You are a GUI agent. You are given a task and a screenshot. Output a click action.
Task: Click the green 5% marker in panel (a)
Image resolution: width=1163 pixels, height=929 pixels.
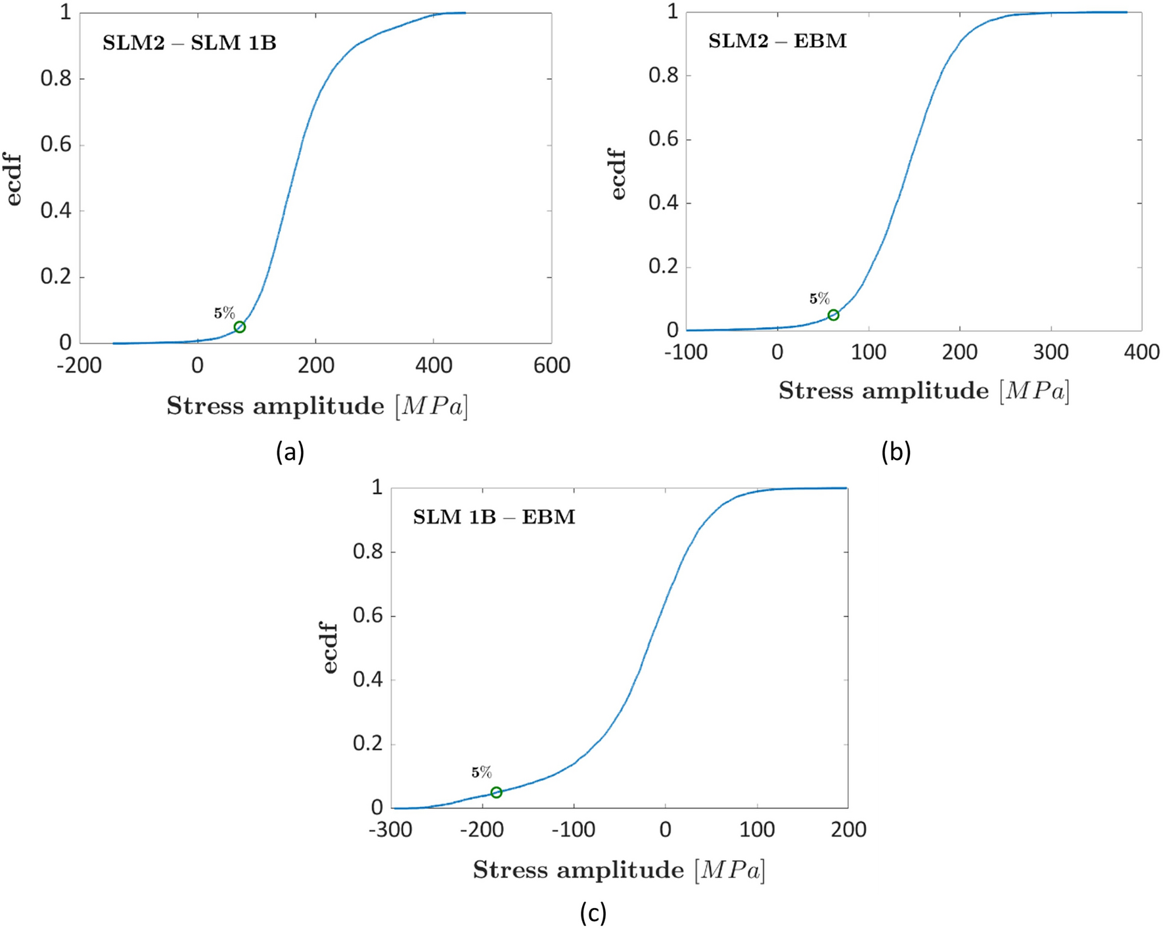[240, 327]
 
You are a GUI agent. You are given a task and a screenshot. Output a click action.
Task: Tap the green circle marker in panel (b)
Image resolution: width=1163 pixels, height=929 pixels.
[833, 315]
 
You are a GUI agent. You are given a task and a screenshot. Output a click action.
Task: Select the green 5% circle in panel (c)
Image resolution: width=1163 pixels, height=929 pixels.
[496, 792]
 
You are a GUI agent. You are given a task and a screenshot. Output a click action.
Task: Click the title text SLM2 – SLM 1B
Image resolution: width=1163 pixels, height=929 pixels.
[189, 43]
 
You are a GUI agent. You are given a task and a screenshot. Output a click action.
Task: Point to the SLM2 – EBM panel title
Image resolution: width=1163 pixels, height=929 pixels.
[777, 41]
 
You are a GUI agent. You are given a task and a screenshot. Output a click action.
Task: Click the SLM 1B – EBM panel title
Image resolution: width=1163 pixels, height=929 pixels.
[494, 518]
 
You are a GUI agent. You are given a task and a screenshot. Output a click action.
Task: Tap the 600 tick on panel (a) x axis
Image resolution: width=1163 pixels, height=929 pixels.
[551, 366]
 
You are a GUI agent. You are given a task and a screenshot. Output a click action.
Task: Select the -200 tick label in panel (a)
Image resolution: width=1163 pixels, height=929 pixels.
[79, 366]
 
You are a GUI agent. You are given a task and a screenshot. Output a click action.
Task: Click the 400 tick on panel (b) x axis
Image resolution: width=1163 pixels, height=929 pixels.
[1141, 353]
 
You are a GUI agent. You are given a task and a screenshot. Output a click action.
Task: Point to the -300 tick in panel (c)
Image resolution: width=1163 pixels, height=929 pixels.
[390, 830]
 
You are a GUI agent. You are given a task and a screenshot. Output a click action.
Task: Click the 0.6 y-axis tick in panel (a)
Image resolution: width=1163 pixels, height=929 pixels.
[56, 145]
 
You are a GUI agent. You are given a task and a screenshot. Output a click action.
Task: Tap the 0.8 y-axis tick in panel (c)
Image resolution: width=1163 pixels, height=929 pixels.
[368, 552]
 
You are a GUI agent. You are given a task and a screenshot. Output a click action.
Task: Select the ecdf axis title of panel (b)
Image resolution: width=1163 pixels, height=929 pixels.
[618, 173]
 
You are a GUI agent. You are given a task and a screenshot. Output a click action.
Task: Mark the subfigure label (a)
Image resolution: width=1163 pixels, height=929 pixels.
[290, 452]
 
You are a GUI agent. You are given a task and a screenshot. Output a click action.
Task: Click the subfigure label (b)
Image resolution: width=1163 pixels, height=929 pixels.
[896, 452]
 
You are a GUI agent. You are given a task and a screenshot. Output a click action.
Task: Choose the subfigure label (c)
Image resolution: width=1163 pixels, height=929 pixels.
[593, 913]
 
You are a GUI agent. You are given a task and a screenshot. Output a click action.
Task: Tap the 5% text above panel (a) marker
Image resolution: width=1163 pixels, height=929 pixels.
[224, 313]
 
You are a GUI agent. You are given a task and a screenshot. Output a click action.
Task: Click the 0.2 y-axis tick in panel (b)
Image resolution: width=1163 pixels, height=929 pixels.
[664, 267]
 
